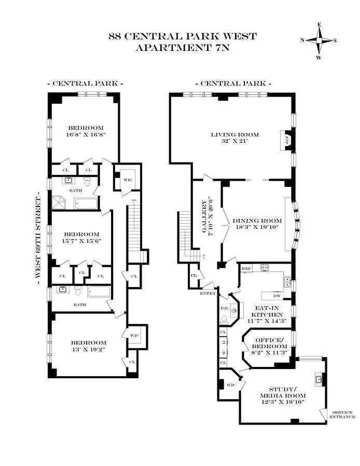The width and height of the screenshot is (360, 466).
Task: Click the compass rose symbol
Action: pyautogui.click(x=319, y=40)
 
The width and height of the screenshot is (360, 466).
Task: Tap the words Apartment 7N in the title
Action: pyautogui.click(x=182, y=48)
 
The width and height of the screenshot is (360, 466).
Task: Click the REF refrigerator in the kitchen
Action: pyautogui.click(x=246, y=269)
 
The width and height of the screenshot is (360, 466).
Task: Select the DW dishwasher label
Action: pyautogui.click(x=278, y=296)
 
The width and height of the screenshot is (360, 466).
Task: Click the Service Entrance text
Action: pyautogui.click(x=343, y=414)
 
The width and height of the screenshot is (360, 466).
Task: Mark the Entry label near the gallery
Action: pyautogui.click(x=207, y=294)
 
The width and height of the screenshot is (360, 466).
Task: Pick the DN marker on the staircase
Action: pyautogui.click(x=134, y=200)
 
